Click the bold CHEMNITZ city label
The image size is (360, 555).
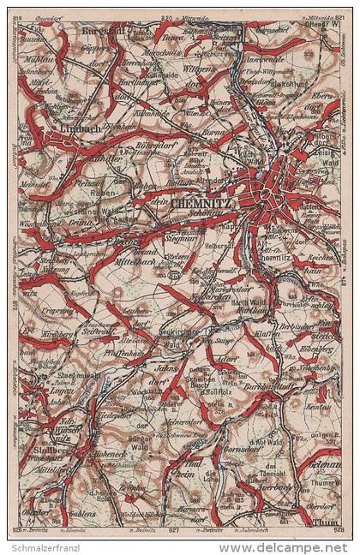click(x=201, y=204)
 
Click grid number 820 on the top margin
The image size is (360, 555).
click(x=165, y=15)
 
